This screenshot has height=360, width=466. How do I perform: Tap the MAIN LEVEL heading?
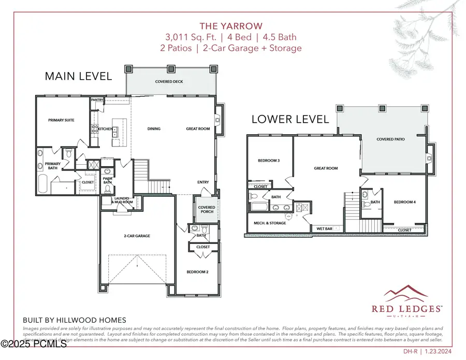[78, 76]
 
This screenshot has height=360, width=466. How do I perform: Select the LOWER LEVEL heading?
[290, 119]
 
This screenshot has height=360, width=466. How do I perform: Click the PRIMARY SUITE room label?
[62, 120]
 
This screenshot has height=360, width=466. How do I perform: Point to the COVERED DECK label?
[169, 82]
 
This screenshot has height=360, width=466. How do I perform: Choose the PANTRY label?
[97, 99]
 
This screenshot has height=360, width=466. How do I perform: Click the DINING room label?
[154, 129]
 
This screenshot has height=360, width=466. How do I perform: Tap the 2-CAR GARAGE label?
[137, 236]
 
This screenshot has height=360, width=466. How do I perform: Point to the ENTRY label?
[203, 182]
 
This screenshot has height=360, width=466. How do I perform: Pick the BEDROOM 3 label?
[269, 161]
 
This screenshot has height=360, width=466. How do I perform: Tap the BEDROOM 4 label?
[404, 202]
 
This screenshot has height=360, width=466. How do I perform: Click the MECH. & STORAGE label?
[269, 223]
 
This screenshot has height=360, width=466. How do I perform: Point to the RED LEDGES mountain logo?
[407, 294]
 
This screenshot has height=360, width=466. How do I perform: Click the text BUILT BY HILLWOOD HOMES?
[75, 320]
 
